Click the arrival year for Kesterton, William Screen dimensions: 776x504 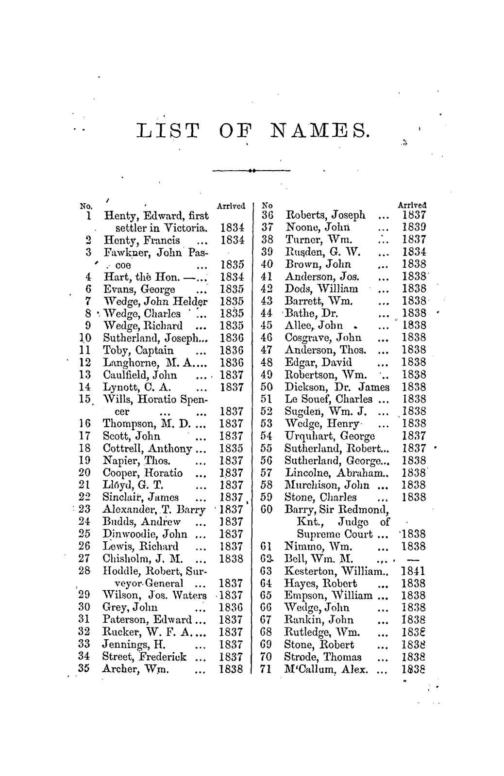point(414,571)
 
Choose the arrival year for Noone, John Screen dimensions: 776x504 point(414,227)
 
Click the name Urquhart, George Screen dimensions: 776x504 point(330,436)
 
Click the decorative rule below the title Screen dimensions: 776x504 point(252,171)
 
